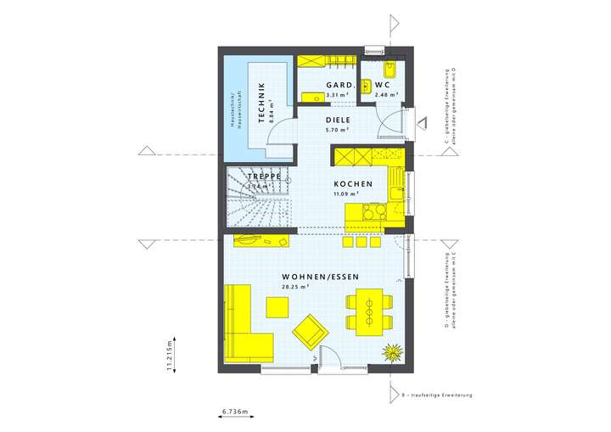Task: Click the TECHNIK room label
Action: tap(262, 102)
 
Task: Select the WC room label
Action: tap(382, 85)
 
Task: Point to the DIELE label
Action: tap(339, 121)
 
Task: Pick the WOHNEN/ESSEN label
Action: tap(321, 278)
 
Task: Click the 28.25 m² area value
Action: tap(294, 287)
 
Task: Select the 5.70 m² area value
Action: tap(338, 130)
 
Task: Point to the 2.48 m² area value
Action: tap(383, 94)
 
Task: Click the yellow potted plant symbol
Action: tap(392, 352)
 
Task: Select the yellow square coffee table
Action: tap(277, 305)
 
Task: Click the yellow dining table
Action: tap(370, 310)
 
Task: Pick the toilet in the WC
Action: tap(392, 70)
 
